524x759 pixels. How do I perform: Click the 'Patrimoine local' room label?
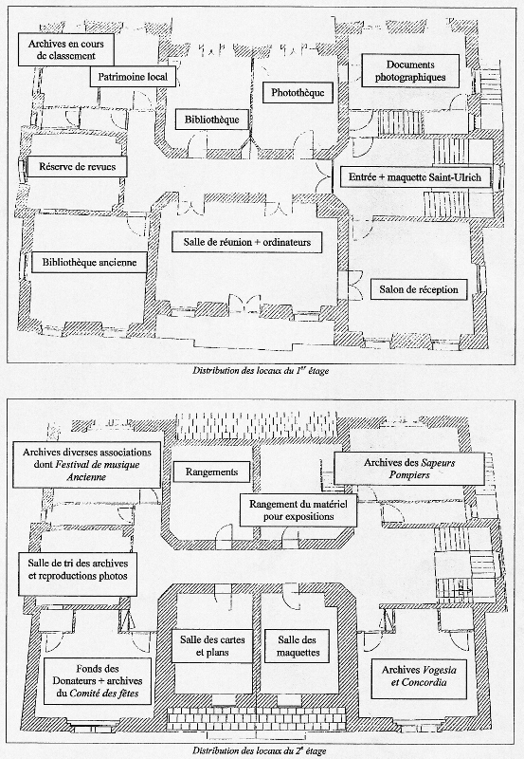tap(133, 77)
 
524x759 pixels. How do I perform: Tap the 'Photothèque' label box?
tap(298, 92)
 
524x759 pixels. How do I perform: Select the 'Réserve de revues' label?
tap(78, 167)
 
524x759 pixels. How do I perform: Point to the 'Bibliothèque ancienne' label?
tap(89, 263)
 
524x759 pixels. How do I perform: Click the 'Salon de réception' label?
tap(419, 289)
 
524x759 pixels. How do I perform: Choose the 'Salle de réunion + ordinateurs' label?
tap(247, 242)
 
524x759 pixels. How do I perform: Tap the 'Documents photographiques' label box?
tap(410, 70)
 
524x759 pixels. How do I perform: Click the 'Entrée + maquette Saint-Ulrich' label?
tap(415, 177)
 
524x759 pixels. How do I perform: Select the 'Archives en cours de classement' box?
tap(65, 49)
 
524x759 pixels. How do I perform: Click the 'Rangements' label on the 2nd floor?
tap(211, 472)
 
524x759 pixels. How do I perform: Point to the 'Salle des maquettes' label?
tap(298, 646)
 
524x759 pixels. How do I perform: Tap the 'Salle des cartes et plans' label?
tap(212, 646)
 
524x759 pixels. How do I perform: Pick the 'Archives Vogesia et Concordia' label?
tap(419, 676)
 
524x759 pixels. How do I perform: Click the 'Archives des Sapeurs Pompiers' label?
tap(409, 469)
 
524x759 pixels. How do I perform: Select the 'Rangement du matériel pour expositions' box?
tap(298, 510)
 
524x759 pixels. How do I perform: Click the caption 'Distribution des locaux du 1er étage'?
tap(261, 371)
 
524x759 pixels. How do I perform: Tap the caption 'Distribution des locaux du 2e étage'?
tap(260, 751)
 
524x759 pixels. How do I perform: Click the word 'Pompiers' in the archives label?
tap(409, 475)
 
